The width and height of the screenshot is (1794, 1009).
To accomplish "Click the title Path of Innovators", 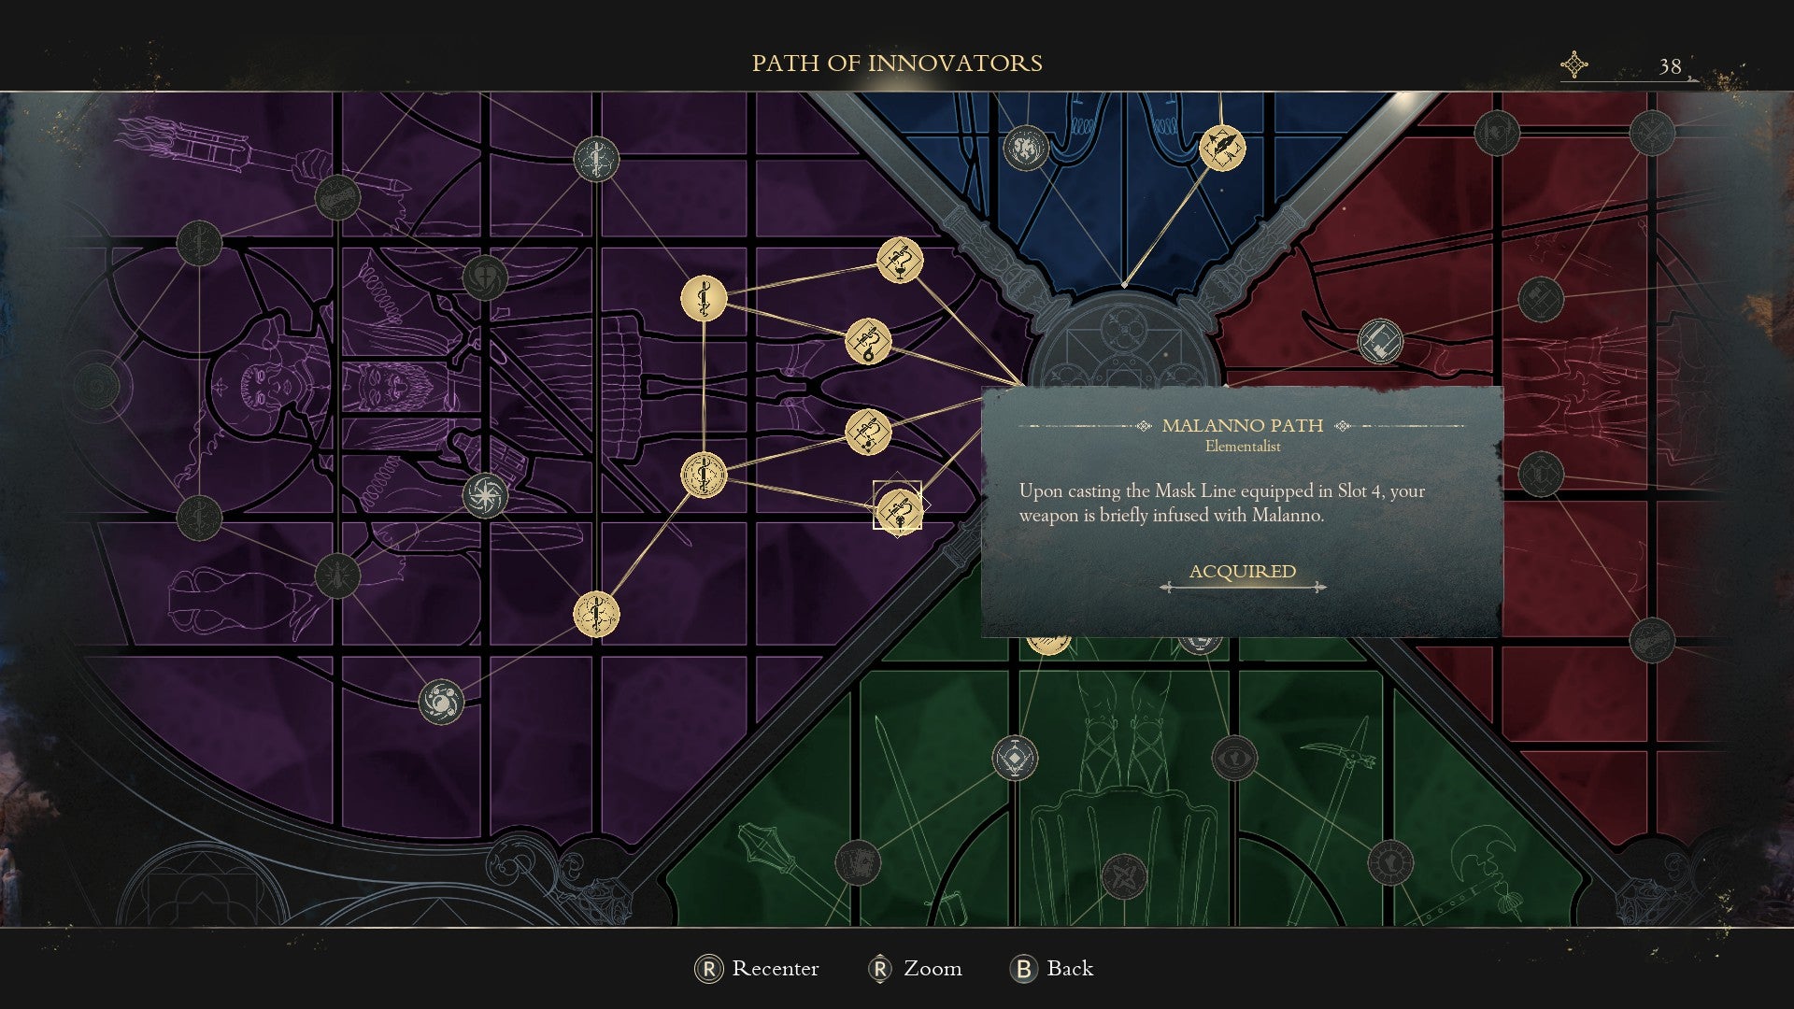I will click(x=897, y=63).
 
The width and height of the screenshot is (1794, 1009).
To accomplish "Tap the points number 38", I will click(x=1670, y=66).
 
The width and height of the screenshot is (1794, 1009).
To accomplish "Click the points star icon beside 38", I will click(x=1574, y=64).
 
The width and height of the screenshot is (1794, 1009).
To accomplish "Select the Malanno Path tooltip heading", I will click(x=1242, y=426).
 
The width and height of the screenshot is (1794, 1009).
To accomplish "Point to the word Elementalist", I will click(x=1242, y=447).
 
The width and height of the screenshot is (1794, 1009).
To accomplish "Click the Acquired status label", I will click(x=1242, y=572).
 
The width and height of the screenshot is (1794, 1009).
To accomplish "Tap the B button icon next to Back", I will click(x=1023, y=969).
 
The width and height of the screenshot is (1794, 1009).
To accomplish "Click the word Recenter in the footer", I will click(x=775, y=969).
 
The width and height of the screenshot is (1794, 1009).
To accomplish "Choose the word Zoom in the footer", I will click(x=932, y=969).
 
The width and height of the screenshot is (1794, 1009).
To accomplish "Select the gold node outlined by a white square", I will click(x=897, y=506).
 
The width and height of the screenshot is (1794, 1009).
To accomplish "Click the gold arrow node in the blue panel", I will click(x=1221, y=148).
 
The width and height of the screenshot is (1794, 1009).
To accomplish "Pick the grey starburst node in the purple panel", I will click(x=485, y=495).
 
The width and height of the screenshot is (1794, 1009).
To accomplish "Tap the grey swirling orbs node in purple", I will click(x=441, y=702).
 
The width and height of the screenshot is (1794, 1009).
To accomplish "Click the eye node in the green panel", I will click(x=1233, y=758).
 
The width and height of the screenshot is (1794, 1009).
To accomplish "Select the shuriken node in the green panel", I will click(x=1123, y=876).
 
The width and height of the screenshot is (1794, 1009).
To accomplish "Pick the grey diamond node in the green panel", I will click(x=1015, y=758).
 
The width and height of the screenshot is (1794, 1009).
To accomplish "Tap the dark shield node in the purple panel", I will click(x=485, y=277).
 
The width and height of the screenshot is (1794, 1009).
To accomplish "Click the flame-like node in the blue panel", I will click(x=1026, y=148).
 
